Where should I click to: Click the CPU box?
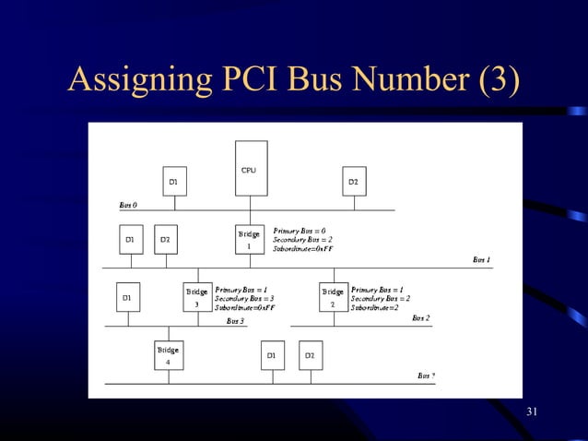pos(251,168)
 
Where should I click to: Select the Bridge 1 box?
pos(249,240)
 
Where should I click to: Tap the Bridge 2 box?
pos(333,297)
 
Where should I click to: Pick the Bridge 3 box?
pos(197,297)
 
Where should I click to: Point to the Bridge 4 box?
pos(168,355)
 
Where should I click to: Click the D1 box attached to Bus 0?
pos(172,182)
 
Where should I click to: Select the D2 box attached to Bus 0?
pos(353,182)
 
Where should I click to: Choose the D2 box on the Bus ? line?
pos(310,355)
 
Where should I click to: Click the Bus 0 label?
pos(128,204)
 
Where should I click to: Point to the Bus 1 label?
pos(481,260)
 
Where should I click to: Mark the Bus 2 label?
pos(420,318)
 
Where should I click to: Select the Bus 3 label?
pos(235,321)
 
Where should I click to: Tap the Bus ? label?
pos(426,375)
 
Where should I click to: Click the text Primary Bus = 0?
pos(299,230)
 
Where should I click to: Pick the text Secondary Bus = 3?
pos(244,298)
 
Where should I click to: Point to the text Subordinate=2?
pos(374,307)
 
